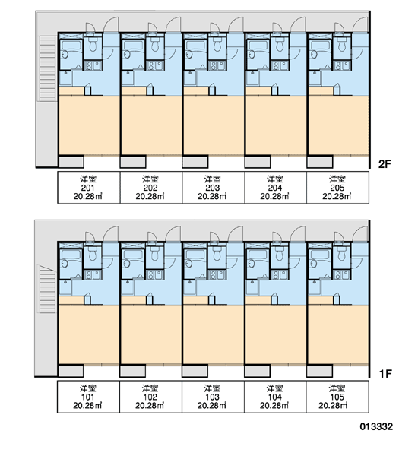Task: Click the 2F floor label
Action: [x=385, y=164]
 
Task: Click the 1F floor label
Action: [x=385, y=374]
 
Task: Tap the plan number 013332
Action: [x=376, y=426]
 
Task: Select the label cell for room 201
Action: [x=88, y=187]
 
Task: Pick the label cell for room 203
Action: [x=213, y=187]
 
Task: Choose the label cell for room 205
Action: [x=337, y=187]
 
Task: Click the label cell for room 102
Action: [x=150, y=397]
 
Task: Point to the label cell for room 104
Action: [x=275, y=397]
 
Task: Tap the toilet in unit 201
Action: [x=93, y=44]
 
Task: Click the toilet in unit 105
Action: [x=342, y=253]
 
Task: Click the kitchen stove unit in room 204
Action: [x=280, y=65]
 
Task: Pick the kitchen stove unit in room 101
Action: [x=93, y=275]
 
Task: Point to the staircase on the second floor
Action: [x=47, y=68]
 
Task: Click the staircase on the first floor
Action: [x=47, y=289]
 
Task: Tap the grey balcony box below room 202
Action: [x=133, y=162]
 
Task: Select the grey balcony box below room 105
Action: [x=320, y=371]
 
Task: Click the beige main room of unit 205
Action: [x=338, y=125]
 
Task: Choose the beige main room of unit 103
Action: [x=214, y=334]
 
